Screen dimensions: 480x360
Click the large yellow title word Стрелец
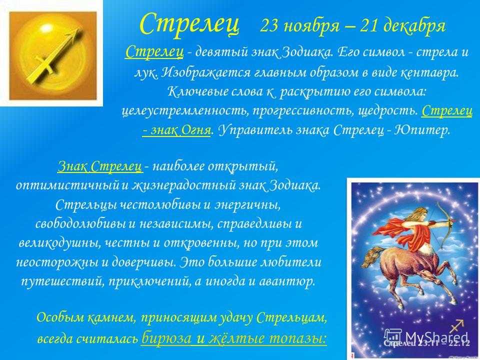[x=189, y=24]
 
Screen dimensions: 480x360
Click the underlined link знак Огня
[x=176, y=130]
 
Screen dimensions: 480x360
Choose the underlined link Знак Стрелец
[x=100, y=166]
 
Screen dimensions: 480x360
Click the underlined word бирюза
[x=166, y=338]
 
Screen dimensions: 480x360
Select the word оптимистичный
[x=67, y=186]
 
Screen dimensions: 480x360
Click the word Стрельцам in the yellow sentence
[x=291, y=318]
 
